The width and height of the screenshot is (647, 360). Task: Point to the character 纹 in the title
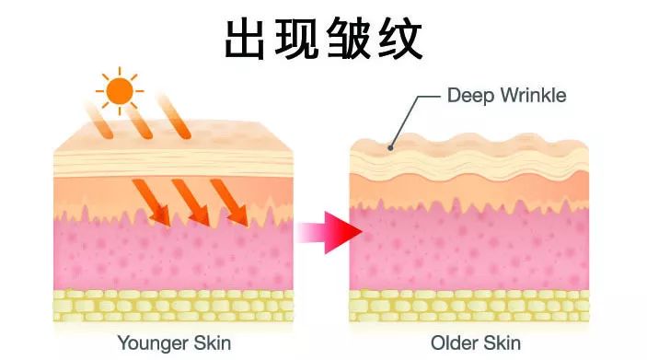point(399,39)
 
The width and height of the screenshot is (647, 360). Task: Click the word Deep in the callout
point(467,95)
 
